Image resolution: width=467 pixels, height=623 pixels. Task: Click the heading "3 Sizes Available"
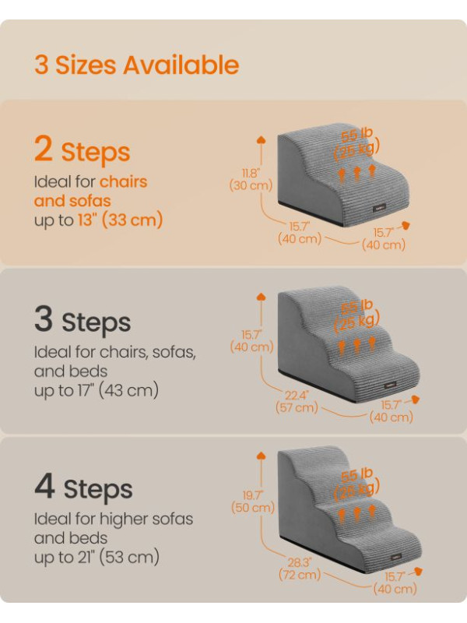pos(137,65)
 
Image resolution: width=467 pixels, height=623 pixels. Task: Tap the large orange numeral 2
pos(44,148)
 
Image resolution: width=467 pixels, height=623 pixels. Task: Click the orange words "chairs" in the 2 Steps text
pos(123,181)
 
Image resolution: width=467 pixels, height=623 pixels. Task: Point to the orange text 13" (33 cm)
pos(120,220)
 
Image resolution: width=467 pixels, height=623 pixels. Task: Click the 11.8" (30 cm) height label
pos(251,179)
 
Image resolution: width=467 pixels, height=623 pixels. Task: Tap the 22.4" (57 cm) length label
pos(297,401)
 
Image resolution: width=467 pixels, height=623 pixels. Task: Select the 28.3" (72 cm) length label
pos(300,568)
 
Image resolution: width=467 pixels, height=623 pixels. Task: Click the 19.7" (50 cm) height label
pos(253,502)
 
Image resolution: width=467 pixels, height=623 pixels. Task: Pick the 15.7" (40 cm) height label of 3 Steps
pos(251,341)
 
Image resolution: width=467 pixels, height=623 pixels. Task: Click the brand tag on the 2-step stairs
pos(379,208)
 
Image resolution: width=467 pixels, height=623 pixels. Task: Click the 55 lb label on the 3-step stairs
pos(356,305)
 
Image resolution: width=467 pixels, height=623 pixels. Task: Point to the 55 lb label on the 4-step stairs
pos(356,474)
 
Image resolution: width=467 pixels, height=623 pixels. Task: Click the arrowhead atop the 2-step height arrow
pos(261,139)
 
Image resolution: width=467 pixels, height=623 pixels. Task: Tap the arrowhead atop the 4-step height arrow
pos(261,456)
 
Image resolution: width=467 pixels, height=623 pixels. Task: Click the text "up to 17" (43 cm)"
pos(97,390)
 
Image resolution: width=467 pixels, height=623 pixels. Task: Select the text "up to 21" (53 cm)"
pos(97,557)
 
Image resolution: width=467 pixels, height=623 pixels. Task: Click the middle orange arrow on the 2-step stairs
pos(356,173)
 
